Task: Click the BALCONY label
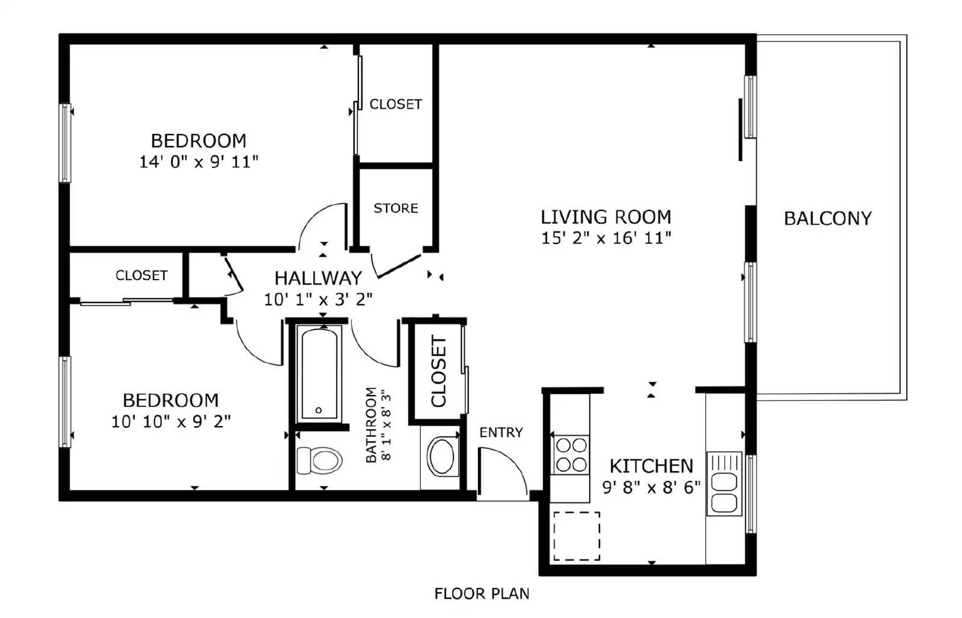827,219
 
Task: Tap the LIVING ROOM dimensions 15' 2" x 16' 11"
606,238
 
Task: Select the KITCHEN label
652,466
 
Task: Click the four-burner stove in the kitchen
571,455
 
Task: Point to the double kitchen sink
724,483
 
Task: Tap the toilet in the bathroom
319,460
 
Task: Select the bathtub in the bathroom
319,372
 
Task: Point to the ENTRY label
501,432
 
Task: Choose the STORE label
396,208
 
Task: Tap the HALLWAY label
318,278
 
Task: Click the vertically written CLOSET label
438,372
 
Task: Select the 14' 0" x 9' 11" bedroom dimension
199,162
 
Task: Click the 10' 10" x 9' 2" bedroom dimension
171,422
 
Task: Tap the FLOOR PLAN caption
482,594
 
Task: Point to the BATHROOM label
370,425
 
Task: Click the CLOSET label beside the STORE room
396,105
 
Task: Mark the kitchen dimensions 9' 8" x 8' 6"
652,488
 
